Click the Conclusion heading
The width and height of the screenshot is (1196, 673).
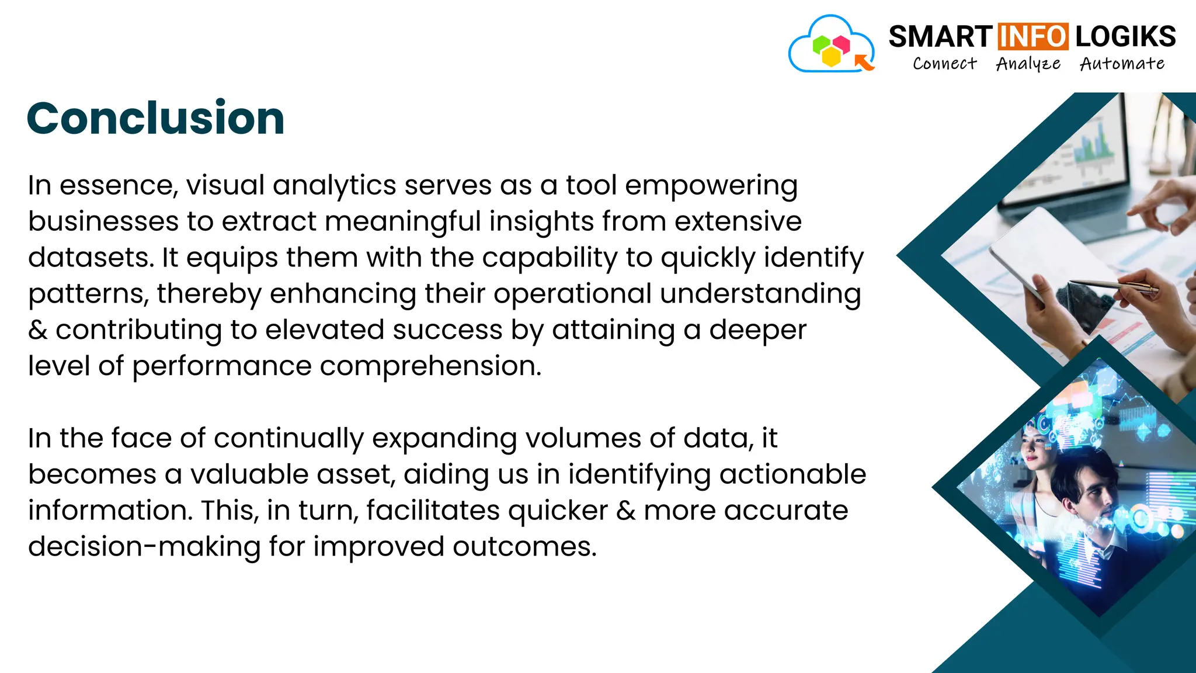155,119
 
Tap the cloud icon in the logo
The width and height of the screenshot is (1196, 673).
830,46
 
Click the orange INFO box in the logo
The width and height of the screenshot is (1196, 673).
1033,36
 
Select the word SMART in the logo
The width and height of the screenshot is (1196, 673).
940,37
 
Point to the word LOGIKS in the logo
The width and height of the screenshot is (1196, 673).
1125,37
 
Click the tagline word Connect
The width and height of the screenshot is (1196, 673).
944,64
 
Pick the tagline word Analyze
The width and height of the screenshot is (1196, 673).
1028,64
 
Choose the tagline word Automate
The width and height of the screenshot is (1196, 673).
1122,64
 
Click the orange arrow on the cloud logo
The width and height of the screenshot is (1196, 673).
864,61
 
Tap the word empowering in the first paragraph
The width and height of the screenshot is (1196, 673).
711,186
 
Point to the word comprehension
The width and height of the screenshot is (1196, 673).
430,366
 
